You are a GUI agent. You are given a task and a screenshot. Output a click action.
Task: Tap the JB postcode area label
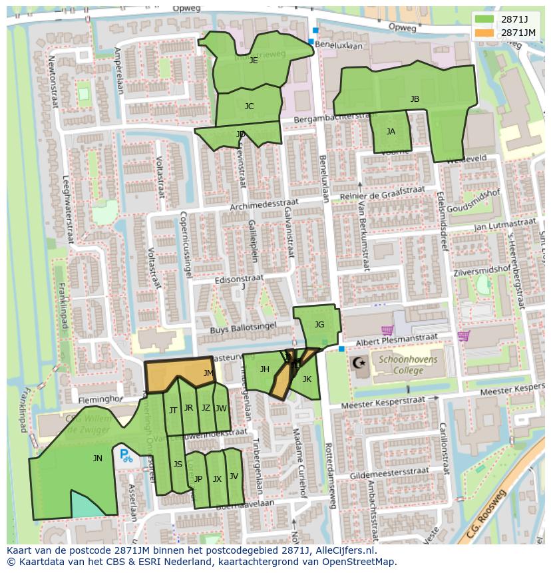(x=415, y=99)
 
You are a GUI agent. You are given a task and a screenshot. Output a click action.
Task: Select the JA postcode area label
(x=391, y=132)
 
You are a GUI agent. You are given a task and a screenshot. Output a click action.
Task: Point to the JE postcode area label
(x=254, y=60)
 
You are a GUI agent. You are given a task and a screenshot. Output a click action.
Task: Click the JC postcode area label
(x=249, y=106)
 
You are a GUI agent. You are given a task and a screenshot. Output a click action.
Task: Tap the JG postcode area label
(x=319, y=325)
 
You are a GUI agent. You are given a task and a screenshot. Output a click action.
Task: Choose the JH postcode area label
(x=264, y=369)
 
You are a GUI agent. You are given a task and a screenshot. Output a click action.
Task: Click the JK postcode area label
(x=307, y=379)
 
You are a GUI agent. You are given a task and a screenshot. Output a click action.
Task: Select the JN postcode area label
(x=98, y=458)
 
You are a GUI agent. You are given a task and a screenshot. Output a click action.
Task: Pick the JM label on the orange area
(x=208, y=373)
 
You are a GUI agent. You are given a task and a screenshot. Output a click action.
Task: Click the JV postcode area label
(x=234, y=477)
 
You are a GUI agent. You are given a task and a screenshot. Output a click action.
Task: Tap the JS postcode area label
(x=178, y=465)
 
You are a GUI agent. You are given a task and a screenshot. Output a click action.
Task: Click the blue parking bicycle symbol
(x=125, y=456)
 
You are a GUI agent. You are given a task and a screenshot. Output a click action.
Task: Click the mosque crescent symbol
(x=359, y=363)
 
